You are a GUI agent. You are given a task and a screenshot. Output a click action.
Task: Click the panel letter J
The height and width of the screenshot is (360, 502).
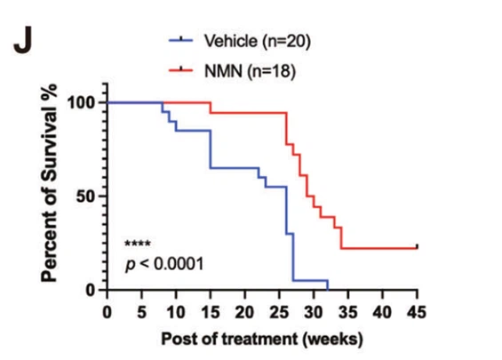[23, 43]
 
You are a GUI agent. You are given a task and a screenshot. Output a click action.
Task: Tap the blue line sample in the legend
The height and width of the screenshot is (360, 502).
[182, 40]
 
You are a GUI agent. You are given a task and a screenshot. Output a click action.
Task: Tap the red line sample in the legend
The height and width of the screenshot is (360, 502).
[182, 69]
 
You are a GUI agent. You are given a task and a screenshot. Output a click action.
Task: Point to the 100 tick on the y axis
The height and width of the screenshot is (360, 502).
[82, 102]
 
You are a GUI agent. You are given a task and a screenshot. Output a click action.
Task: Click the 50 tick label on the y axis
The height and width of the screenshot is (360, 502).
[86, 196]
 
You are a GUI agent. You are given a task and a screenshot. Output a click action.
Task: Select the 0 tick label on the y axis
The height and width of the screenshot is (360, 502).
[92, 290]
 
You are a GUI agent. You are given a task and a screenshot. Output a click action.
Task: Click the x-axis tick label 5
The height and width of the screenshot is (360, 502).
[141, 312]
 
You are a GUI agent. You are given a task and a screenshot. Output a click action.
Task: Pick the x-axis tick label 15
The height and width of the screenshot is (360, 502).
[210, 312]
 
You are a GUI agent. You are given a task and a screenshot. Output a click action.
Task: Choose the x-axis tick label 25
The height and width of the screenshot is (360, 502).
[279, 312]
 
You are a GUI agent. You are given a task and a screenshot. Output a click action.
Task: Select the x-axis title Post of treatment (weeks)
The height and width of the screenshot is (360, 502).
[261, 339]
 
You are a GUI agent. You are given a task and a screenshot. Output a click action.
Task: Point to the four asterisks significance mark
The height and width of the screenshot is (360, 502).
[137, 244]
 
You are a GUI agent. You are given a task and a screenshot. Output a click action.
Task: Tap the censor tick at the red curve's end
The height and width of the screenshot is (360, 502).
[417, 246]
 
